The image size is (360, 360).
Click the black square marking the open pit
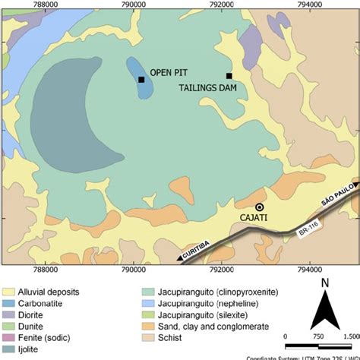[141, 79]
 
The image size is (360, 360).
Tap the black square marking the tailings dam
[229, 75]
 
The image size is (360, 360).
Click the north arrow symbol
[324, 311]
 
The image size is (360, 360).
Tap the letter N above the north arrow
[324, 284]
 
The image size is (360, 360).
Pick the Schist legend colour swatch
[148, 338]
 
